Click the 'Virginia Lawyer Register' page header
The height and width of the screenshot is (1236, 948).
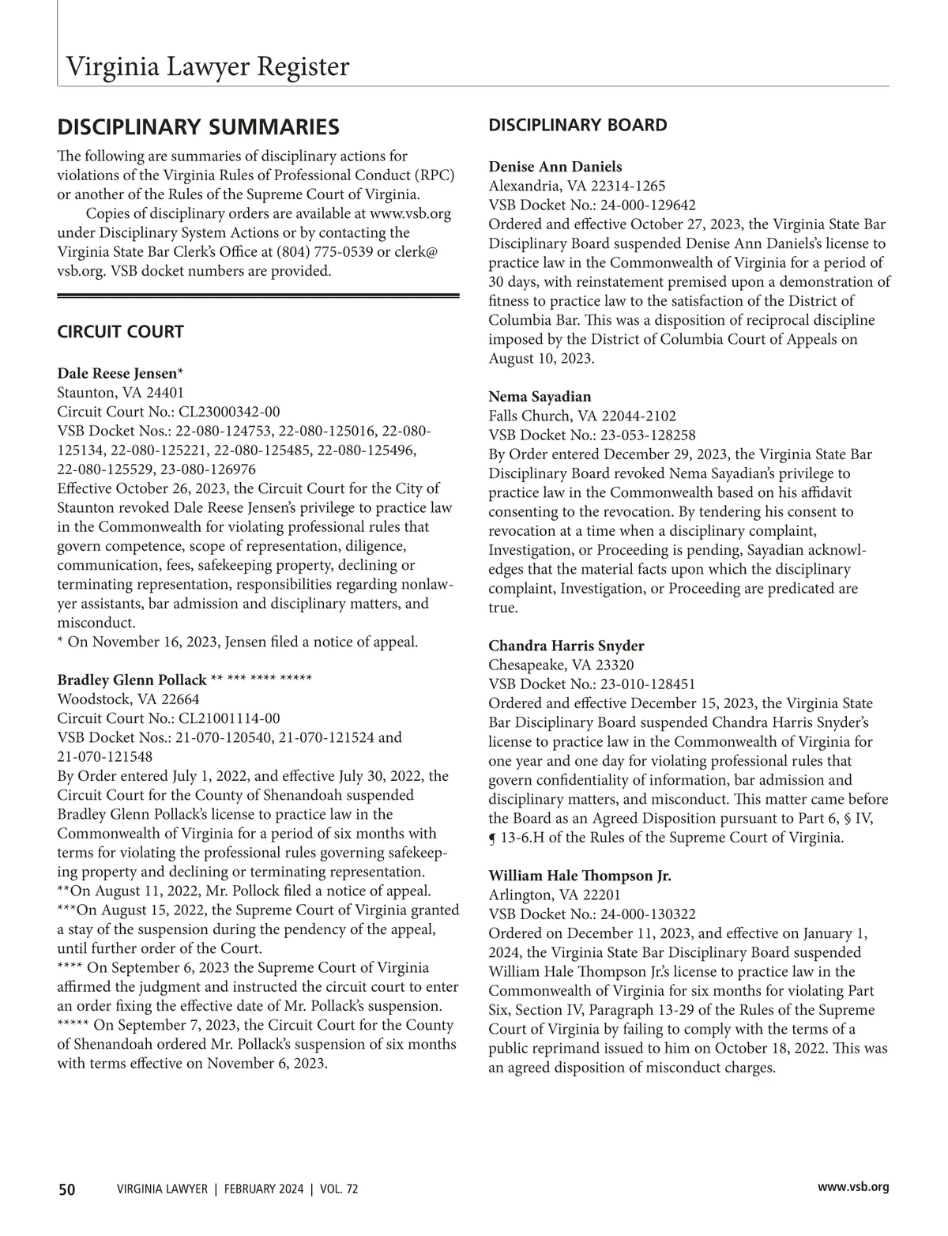tap(207, 66)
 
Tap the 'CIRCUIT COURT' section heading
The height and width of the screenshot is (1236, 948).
tap(120, 332)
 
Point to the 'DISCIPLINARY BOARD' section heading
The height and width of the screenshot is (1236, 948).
tap(577, 125)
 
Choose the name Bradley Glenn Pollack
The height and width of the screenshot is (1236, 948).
tap(132, 680)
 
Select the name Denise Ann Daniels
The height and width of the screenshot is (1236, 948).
tap(555, 167)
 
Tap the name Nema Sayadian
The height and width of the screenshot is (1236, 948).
tap(540, 397)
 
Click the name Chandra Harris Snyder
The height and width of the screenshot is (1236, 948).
tap(566, 646)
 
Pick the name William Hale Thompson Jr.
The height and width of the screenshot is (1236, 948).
tap(580, 876)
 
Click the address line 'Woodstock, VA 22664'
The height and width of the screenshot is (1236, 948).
tap(128, 699)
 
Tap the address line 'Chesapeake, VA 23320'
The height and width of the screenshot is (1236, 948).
tap(561, 665)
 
